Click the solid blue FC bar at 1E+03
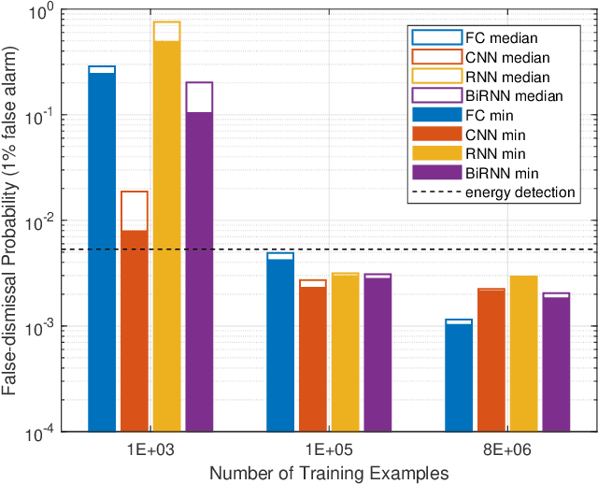[x=102, y=252]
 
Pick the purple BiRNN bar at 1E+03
[x=199, y=271]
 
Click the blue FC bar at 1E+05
[x=280, y=346]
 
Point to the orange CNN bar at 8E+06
[x=491, y=361]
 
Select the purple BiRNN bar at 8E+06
[x=556, y=364]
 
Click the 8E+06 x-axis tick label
[x=507, y=449]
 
